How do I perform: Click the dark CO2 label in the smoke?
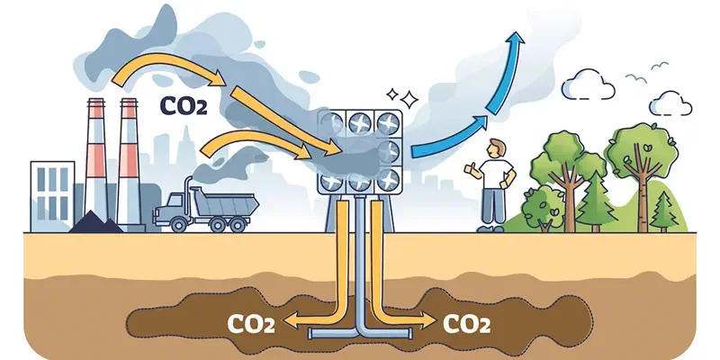(x=184, y=105)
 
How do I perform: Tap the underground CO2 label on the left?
(x=251, y=323)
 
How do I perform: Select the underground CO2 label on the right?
(x=466, y=323)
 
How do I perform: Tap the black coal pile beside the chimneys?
(x=95, y=222)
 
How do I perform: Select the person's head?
(x=496, y=148)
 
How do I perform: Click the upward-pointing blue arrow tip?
(x=517, y=37)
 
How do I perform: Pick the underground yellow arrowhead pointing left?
(x=289, y=320)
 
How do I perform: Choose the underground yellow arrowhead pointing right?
(x=427, y=320)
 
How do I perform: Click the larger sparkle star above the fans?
(x=409, y=99)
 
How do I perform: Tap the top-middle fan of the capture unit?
(x=359, y=123)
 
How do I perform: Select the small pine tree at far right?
(x=664, y=211)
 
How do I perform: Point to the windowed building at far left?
(x=52, y=196)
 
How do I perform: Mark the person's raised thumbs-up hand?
(x=469, y=169)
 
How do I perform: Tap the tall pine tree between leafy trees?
(x=597, y=201)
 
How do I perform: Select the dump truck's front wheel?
(x=178, y=224)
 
